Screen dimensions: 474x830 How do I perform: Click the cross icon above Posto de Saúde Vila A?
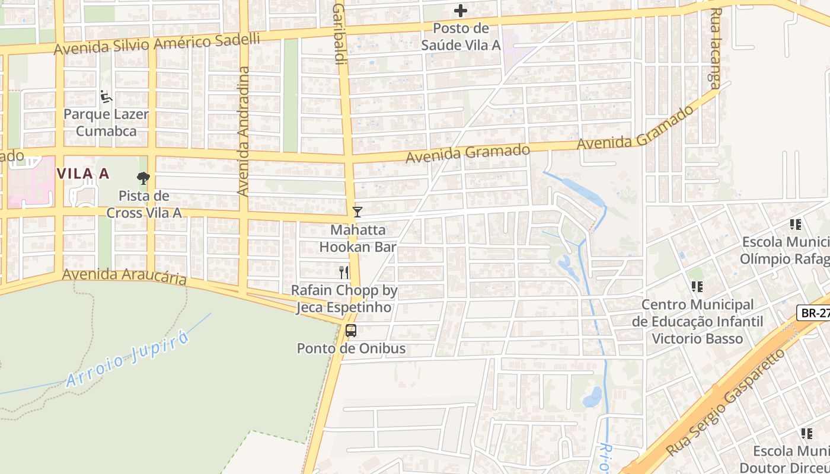pos(461,11)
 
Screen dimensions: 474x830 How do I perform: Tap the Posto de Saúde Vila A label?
pos(461,37)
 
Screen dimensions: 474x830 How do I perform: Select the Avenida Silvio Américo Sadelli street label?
pos(157,44)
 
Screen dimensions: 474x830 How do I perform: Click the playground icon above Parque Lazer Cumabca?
pos(107,97)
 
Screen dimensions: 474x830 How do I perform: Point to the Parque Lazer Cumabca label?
pos(106,123)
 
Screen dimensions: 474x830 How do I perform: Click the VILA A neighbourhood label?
pos(83,174)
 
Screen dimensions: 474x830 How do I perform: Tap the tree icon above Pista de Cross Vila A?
pos(143,178)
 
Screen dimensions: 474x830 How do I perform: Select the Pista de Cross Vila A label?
pos(143,204)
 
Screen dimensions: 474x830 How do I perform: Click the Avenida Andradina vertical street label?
pos(244,131)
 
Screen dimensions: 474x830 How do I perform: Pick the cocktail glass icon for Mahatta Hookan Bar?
pos(357,212)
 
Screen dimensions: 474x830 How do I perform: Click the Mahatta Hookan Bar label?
pos(357,238)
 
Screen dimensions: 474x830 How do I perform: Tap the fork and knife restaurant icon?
pos(344,272)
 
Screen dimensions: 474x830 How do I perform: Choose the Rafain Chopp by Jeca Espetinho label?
pos(344,299)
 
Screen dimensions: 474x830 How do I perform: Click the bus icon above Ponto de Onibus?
pos(351,331)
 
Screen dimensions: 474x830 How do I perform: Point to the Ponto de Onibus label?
pos(351,348)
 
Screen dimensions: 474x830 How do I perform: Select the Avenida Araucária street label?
pos(124,277)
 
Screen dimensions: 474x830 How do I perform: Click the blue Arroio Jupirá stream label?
pos(129,359)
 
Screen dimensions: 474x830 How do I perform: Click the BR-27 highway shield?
pos(814,313)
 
